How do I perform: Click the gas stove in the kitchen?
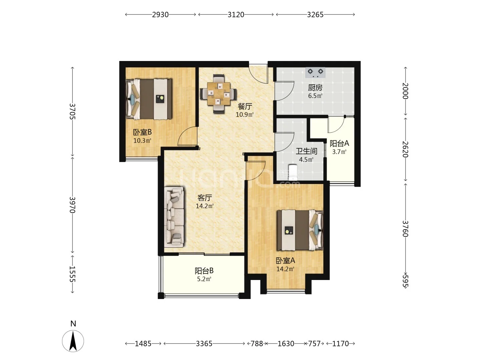click(315, 72)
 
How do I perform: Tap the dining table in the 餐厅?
click(218, 93)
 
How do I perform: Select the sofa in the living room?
click(174, 217)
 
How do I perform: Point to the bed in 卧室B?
click(149, 99)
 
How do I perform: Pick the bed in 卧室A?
click(300, 230)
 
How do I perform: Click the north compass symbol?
click(73, 341)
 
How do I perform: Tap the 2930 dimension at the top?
click(160, 15)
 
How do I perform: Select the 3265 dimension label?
click(315, 15)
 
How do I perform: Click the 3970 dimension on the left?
click(72, 205)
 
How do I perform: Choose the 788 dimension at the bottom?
click(257, 344)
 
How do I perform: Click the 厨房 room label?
click(315, 88)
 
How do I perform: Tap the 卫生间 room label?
click(306, 151)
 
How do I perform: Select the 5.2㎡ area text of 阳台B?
click(204, 279)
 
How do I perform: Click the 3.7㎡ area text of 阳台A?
click(339, 152)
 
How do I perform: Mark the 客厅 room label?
click(204, 198)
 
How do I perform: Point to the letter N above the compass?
click(73, 323)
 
